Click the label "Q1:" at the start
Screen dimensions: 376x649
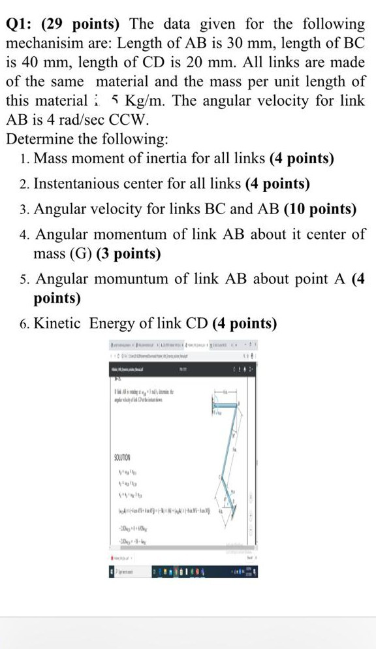[x=20, y=25]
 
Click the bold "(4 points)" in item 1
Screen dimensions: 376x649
[x=302, y=159]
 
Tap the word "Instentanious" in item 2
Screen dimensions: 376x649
[x=79, y=184]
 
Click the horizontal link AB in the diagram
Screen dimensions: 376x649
[x=226, y=405]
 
